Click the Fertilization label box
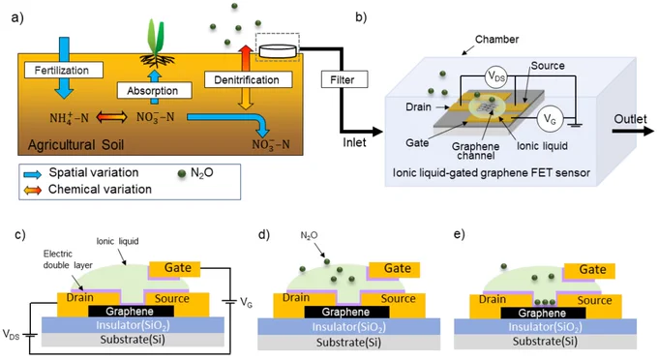[x=64, y=70]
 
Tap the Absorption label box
[x=154, y=91]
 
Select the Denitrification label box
[x=248, y=79]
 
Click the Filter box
[x=344, y=79]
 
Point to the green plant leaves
[x=155, y=37]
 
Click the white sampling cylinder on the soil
[x=278, y=51]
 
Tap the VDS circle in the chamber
[x=496, y=77]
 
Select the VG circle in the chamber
[x=550, y=119]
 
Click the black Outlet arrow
[x=633, y=132]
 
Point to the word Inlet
[x=354, y=142]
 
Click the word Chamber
[x=496, y=40]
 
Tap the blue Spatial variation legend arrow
[x=32, y=174]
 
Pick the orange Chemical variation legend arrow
[x=32, y=191]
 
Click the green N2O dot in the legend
[x=182, y=173]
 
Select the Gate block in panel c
[x=174, y=269]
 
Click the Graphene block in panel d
[x=346, y=312]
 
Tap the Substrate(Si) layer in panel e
[x=545, y=342]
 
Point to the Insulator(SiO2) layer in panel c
[x=133, y=325]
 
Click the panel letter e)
[x=459, y=234]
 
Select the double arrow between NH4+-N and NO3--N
[x=111, y=117]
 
